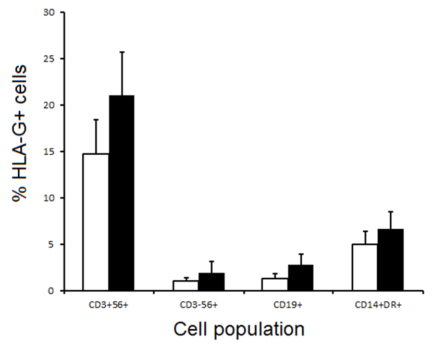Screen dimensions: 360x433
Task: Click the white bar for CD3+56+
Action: point(95,222)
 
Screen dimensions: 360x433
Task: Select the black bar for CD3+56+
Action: point(121,193)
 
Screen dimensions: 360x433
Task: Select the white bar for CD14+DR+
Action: point(364,267)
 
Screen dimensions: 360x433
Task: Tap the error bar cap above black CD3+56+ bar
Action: point(121,52)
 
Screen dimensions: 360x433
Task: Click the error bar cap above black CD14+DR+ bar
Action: point(390,212)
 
